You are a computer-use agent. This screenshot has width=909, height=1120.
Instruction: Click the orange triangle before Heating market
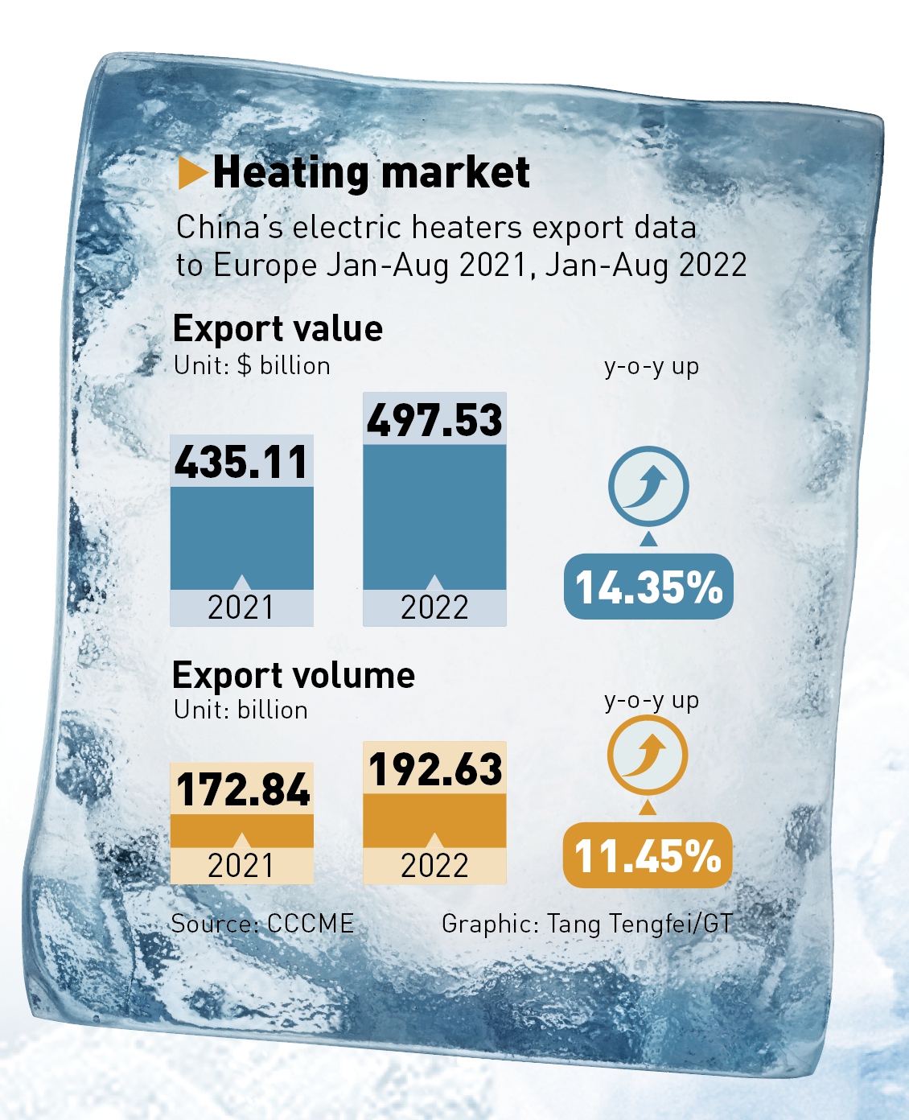(191, 173)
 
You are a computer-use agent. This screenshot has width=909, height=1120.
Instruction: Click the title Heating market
(371, 172)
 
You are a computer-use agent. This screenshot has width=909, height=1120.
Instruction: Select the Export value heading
(278, 328)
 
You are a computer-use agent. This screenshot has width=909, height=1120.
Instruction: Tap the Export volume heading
(294, 675)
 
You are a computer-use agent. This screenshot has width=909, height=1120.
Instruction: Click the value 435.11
(241, 462)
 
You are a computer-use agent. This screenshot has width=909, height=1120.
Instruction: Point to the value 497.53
(434, 420)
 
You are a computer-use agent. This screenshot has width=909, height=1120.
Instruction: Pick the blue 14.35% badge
(648, 587)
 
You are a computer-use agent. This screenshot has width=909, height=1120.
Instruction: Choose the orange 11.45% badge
(648, 855)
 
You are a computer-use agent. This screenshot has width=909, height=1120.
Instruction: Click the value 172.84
(242, 789)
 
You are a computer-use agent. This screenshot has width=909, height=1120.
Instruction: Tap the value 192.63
(435, 768)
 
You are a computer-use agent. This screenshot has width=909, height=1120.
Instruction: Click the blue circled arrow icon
(648, 486)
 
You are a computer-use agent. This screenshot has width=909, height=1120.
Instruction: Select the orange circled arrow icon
(647, 756)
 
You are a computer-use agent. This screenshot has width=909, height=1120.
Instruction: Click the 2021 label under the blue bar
(241, 607)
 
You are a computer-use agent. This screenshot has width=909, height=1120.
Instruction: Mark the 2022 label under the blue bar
(434, 607)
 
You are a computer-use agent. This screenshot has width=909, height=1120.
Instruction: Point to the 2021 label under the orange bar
(241, 866)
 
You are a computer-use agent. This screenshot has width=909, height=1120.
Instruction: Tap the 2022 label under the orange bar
(434, 866)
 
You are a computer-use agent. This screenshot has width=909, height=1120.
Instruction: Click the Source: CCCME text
(262, 923)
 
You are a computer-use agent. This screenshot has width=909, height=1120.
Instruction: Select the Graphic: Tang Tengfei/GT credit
(587, 924)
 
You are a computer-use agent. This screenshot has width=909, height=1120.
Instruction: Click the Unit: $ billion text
(252, 365)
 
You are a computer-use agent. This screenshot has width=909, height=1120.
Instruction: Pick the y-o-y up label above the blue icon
(652, 366)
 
